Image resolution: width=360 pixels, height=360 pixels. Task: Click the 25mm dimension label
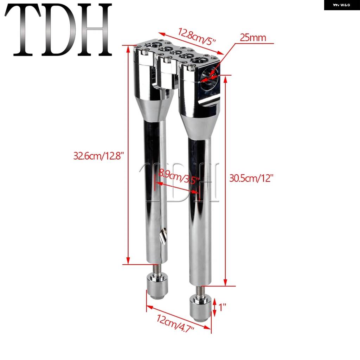pyautogui.click(x=253, y=37)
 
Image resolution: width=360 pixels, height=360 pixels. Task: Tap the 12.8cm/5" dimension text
pyautogui.click(x=197, y=36)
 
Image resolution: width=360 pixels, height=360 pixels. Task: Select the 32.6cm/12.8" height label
pyautogui.click(x=99, y=156)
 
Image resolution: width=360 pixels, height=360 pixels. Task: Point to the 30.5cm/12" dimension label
pyautogui.click(x=251, y=178)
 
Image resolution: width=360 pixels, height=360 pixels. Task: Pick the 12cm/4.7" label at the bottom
pyautogui.click(x=175, y=323)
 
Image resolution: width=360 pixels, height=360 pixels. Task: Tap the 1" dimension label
pyautogui.click(x=222, y=307)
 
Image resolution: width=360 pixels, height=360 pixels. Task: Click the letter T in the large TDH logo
pyautogui.click(x=23, y=30)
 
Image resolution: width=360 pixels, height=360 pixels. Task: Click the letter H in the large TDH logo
pyautogui.click(x=95, y=30)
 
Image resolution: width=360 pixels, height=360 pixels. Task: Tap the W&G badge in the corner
pyautogui.click(x=342, y=5)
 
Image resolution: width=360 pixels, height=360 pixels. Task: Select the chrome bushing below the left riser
pyautogui.click(x=157, y=286)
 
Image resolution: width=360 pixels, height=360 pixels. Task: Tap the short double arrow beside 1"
pyautogui.click(x=214, y=307)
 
